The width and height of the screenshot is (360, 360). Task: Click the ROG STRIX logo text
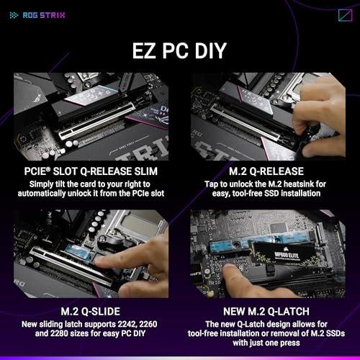44,15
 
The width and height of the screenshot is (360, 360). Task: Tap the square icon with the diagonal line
345,15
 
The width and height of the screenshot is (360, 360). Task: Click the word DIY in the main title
210,50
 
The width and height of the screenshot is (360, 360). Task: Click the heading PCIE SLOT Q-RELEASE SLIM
91,171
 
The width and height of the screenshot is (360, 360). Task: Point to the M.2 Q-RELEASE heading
266,171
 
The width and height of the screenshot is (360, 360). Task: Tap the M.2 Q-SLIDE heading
91,312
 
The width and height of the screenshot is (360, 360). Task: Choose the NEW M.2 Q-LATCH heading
266,312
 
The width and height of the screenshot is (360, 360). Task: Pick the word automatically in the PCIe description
42,194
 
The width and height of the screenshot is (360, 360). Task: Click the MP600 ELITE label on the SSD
287,255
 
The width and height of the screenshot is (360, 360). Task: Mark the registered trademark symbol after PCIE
48,169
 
